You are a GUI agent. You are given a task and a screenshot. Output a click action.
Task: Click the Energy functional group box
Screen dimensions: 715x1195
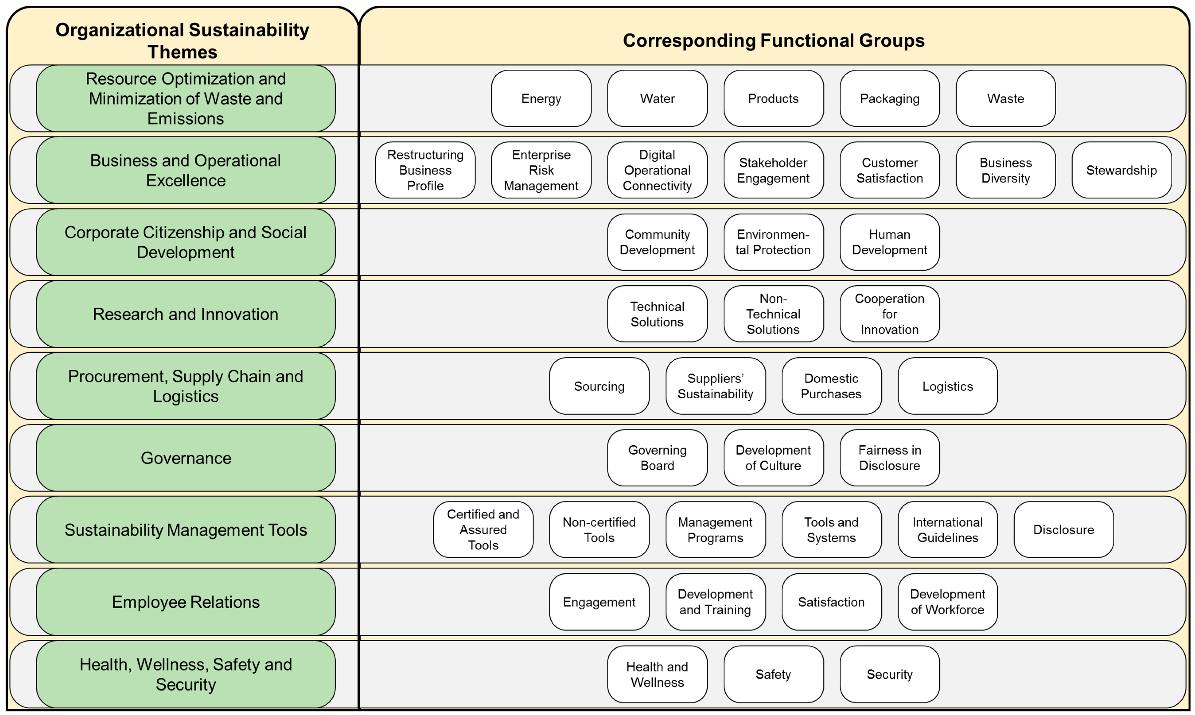click(x=541, y=98)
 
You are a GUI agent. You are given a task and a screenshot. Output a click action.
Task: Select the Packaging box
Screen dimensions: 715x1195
click(x=889, y=98)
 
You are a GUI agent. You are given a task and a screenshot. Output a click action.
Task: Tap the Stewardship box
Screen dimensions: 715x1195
click(x=1121, y=170)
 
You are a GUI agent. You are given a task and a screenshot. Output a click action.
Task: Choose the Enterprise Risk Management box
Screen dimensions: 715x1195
click(x=541, y=170)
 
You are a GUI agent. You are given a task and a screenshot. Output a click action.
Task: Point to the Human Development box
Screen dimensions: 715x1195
click(x=889, y=242)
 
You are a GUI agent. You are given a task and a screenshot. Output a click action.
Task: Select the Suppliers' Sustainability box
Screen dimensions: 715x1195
click(x=715, y=386)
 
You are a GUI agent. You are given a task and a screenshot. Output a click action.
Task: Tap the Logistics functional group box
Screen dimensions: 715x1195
click(x=948, y=386)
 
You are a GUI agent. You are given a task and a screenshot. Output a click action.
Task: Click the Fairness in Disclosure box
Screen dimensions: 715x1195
click(x=889, y=458)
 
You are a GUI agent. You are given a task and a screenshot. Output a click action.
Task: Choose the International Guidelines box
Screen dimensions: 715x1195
click(x=948, y=529)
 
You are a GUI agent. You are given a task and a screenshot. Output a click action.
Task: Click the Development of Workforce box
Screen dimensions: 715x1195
click(x=948, y=602)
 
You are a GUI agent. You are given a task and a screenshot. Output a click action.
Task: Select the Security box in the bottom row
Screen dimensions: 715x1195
click(x=889, y=674)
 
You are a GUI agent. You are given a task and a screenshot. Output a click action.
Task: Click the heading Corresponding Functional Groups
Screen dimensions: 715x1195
click(x=773, y=41)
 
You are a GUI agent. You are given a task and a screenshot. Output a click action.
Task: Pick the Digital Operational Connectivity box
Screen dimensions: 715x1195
click(x=657, y=170)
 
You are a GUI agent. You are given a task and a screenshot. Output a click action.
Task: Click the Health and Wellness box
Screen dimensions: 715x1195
click(x=657, y=674)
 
